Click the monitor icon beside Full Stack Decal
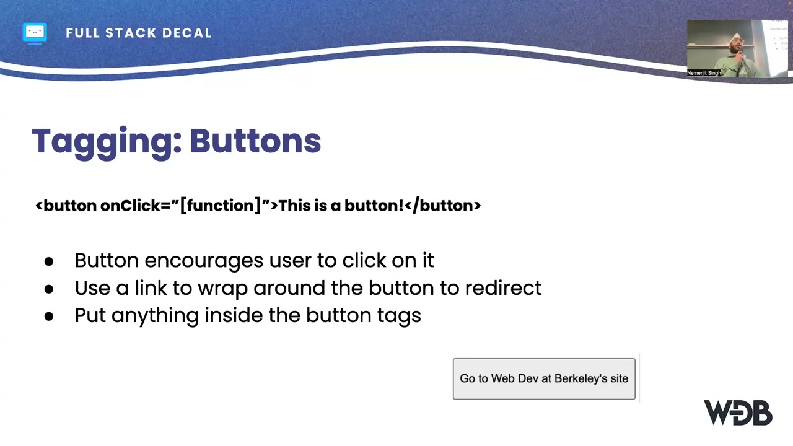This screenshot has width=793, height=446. click(x=35, y=32)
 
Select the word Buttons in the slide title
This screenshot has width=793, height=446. click(x=255, y=141)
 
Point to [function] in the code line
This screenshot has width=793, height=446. click(x=221, y=206)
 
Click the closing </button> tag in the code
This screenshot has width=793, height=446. click(x=442, y=206)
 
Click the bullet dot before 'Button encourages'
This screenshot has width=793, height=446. click(x=49, y=261)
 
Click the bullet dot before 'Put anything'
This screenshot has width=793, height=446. click(x=49, y=316)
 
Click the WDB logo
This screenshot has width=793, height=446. click(x=737, y=413)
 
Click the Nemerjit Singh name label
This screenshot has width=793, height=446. click(x=704, y=73)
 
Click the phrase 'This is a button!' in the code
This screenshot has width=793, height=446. click(x=341, y=206)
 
